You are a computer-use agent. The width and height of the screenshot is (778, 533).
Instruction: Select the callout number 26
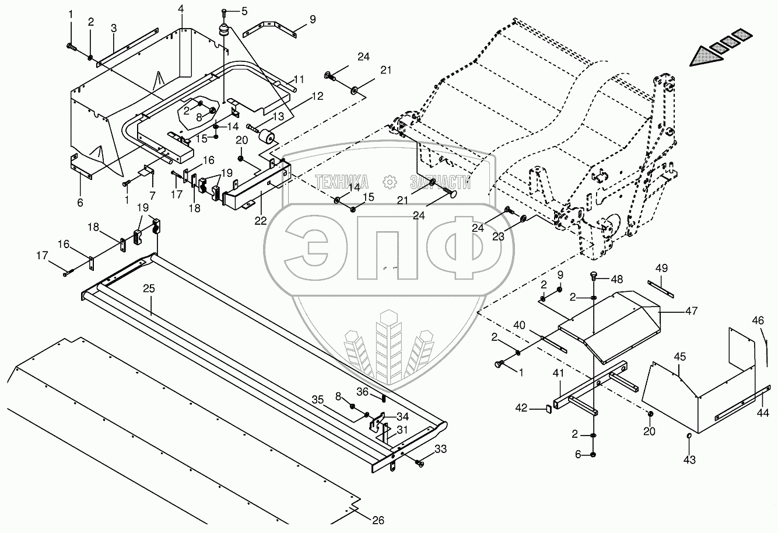tap(379, 521)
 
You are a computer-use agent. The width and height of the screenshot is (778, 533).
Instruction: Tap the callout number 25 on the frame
tap(149, 288)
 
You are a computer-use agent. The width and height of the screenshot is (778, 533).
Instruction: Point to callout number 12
tap(317, 96)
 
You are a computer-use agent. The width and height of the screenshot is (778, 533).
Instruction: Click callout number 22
tap(260, 220)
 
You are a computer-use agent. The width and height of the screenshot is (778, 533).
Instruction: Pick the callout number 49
tap(661, 268)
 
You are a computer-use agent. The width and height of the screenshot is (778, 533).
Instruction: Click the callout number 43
tap(690, 460)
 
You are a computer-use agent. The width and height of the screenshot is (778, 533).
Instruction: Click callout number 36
tap(362, 392)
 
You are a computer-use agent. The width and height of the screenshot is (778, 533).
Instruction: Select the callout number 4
tap(181, 9)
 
